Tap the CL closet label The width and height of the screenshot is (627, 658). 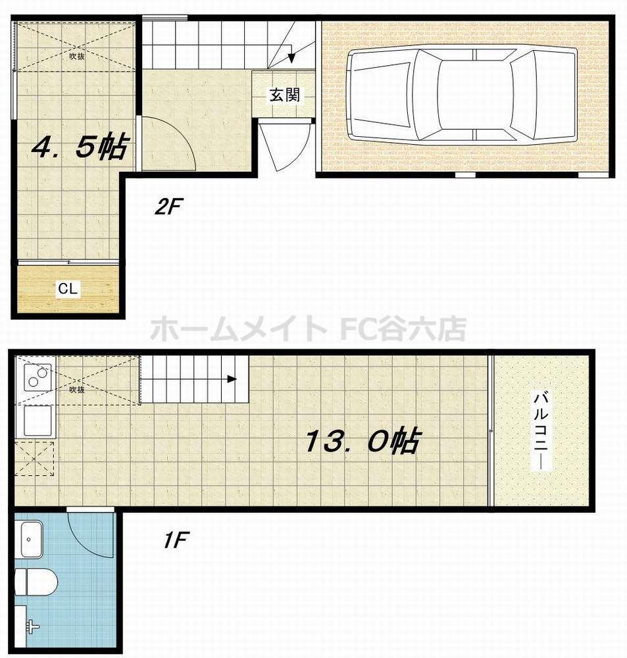68,288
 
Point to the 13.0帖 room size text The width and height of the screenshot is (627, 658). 362,442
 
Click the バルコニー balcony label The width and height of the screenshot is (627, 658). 541,430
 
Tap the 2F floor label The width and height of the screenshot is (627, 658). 168,208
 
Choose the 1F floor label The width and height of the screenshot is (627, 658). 176,541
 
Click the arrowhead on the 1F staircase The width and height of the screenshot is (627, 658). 232,379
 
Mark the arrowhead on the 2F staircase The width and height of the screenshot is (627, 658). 291,60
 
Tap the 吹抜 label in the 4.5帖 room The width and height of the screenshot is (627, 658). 77,56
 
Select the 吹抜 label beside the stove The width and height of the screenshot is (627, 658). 77,389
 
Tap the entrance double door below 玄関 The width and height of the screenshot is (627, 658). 284,145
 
